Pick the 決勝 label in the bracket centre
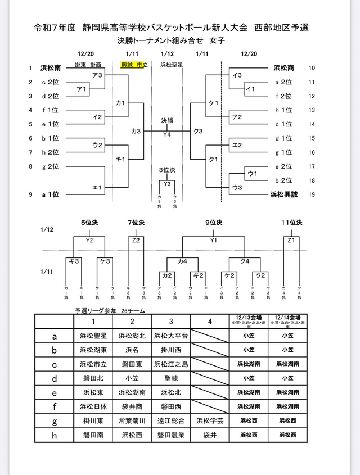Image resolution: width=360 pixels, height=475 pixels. pos(167,120)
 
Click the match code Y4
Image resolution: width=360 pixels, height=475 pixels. pos(167,135)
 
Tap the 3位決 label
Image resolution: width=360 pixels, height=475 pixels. pos(167,169)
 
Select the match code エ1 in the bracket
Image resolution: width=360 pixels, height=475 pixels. pos(97,188)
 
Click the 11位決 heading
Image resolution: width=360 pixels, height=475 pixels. pos(292,223)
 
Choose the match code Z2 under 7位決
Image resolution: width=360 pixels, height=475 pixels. pos(136,241)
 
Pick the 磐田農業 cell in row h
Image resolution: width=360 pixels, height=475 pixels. pos(171,435)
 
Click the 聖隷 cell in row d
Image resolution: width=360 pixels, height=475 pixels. pos(171,377)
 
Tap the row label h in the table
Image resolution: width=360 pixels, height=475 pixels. pos(54,435)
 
